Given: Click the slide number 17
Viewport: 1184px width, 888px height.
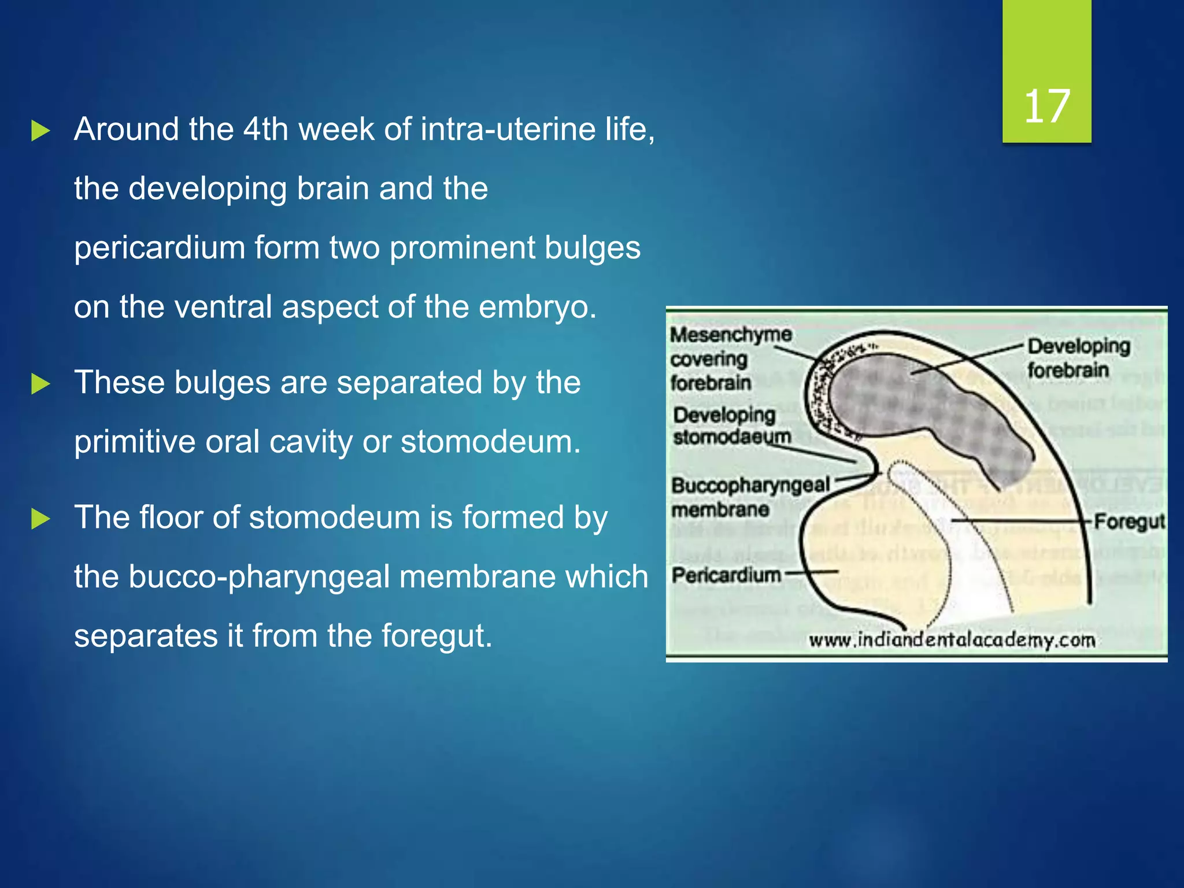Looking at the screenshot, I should pyautogui.click(x=1047, y=107).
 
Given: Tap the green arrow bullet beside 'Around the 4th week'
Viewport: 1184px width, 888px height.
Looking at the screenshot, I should pyautogui.click(x=40, y=131).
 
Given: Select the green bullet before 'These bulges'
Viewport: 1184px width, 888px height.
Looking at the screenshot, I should pyautogui.click(x=40, y=384).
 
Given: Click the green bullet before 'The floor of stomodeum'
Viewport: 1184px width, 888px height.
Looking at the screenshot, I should pyautogui.click(x=40, y=519).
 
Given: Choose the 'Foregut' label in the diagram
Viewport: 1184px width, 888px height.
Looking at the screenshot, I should pyautogui.click(x=1129, y=521).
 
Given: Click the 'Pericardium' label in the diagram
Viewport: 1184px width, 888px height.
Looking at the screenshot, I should pyautogui.click(x=726, y=575).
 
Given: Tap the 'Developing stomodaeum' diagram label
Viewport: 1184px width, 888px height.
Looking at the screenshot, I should pyautogui.click(x=731, y=425).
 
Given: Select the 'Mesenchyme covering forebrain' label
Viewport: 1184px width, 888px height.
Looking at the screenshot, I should pyautogui.click(x=730, y=358).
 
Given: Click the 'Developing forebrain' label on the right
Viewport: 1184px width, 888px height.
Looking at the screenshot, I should pyautogui.click(x=1078, y=358).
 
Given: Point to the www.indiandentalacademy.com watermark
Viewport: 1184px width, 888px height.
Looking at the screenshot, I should pyautogui.click(x=952, y=641).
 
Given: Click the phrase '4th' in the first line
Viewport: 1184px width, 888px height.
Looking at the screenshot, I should pyautogui.click(x=265, y=129).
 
